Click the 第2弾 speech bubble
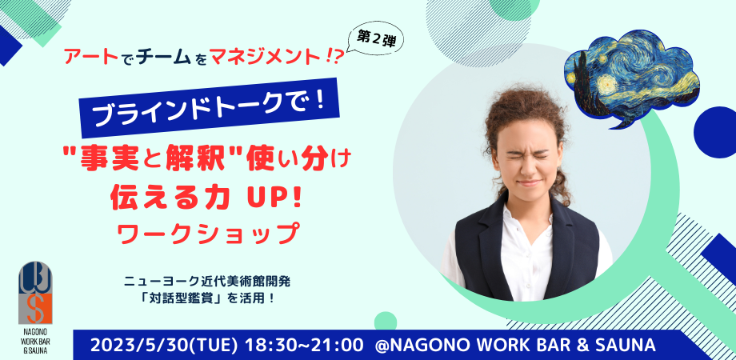click(x=374, y=39)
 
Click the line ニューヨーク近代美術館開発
click(x=208, y=282)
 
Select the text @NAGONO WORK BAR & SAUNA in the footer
click(x=515, y=346)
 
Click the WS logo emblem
click(x=35, y=293)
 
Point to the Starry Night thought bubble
click(x=631, y=78)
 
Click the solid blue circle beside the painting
click(x=715, y=132)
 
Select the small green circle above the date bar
click(x=386, y=322)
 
